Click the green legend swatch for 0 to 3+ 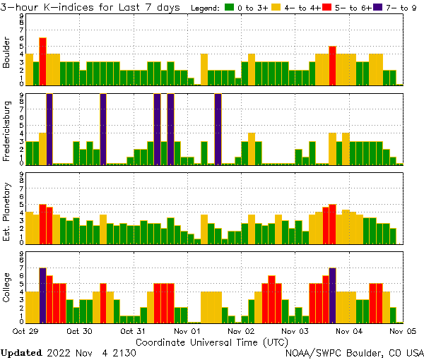point(230,8)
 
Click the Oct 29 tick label point(25,330)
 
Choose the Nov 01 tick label point(187,330)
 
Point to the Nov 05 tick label point(404,330)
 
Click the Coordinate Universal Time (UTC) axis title point(212,341)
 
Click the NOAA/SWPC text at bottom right point(311,352)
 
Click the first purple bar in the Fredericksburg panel point(49,129)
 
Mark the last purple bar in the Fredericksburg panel point(218,129)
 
